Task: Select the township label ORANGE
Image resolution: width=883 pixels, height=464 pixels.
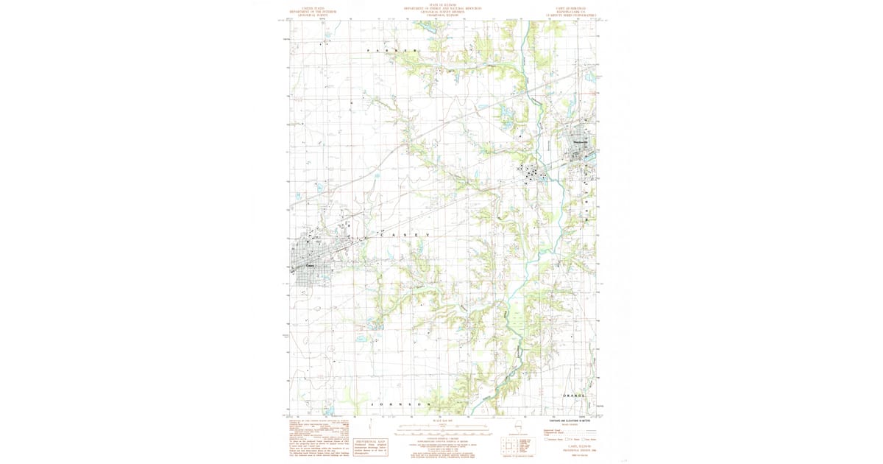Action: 574,396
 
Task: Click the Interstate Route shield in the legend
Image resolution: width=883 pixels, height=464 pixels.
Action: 547,439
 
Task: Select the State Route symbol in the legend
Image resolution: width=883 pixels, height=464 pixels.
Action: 584,439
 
